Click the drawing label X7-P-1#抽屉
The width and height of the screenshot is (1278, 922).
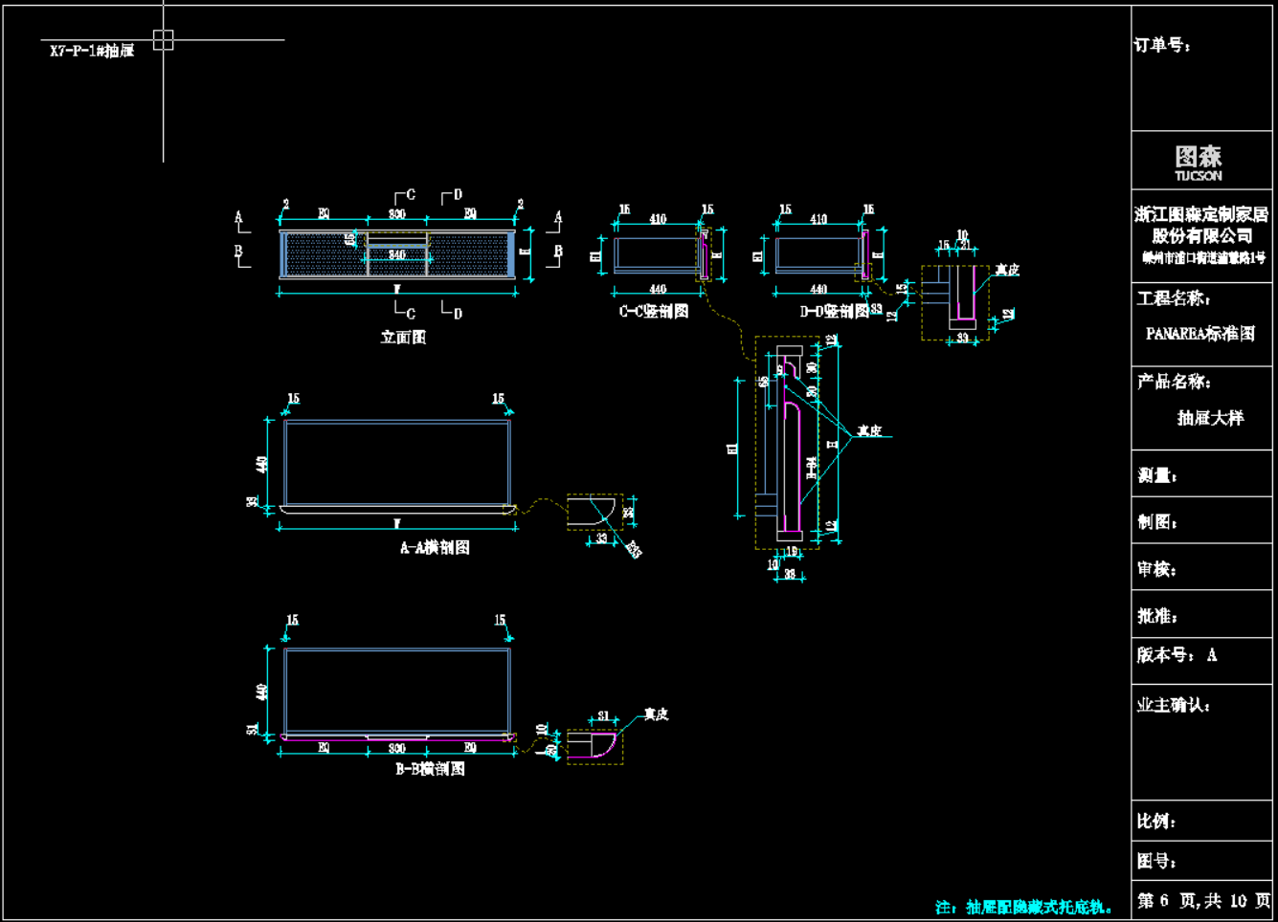pyautogui.click(x=92, y=51)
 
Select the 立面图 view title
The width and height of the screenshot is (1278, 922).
pyautogui.click(x=403, y=337)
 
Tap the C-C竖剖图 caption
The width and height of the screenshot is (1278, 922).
pyautogui.click(x=654, y=311)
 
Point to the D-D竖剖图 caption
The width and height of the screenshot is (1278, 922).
pyautogui.click(x=834, y=311)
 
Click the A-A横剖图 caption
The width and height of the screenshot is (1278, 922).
pyautogui.click(x=435, y=547)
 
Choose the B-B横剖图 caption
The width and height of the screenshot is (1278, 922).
pyautogui.click(x=430, y=768)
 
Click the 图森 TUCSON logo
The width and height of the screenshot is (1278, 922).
pyautogui.click(x=1199, y=162)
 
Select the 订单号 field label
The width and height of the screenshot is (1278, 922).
pyautogui.click(x=1162, y=46)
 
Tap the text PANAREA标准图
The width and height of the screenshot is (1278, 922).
pyautogui.click(x=1200, y=334)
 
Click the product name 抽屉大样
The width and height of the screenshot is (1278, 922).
pyautogui.click(x=1210, y=418)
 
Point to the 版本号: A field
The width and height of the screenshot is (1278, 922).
pyautogui.click(x=1177, y=655)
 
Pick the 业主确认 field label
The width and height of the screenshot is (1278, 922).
pyautogui.click(x=1174, y=705)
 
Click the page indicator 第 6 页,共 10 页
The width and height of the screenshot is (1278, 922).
pyautogui.click(x=1203, y=900)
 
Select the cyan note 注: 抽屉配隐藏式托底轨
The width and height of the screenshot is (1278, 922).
pyautogui.click(x=1023, y=907)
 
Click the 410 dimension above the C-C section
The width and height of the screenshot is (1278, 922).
pyautogui.click(x=658, y=219)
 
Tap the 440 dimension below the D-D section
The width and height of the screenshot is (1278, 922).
pyautogui.click(x=818, y=288)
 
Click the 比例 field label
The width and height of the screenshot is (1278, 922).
pyautogui.click(x=1156, y=821)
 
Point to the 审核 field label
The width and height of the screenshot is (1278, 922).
pyautogui.click(x=1156, y=569)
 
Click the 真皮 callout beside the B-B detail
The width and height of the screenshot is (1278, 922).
pyautogui.click(x=656, y=714)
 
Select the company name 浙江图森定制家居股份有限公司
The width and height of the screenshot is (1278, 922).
pyautogui.click(x=1201, y=225)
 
